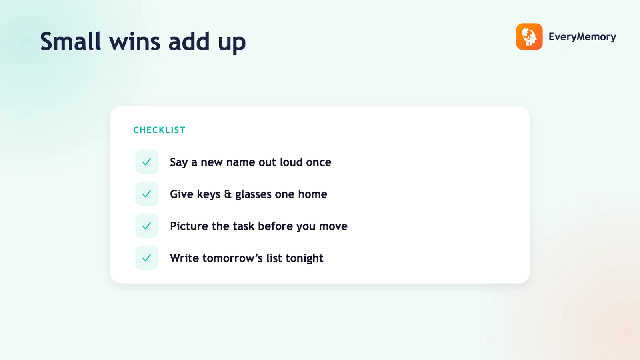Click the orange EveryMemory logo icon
pos(529,36)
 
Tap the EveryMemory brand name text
pos(582,37)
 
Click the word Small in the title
pos(70,42)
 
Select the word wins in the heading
pos(135,42)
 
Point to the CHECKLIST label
pos(160,130)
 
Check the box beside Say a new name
pos(146,162)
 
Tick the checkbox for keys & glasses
pos(146,194)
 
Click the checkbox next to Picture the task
pos(146,226)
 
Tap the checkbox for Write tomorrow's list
pos(146,258)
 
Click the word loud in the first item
pos(291,162)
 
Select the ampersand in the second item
pos(228,194)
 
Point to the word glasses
pos(253,194)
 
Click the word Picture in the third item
pos(189,226)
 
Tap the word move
pos(333,226)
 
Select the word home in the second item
pos(312,194)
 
